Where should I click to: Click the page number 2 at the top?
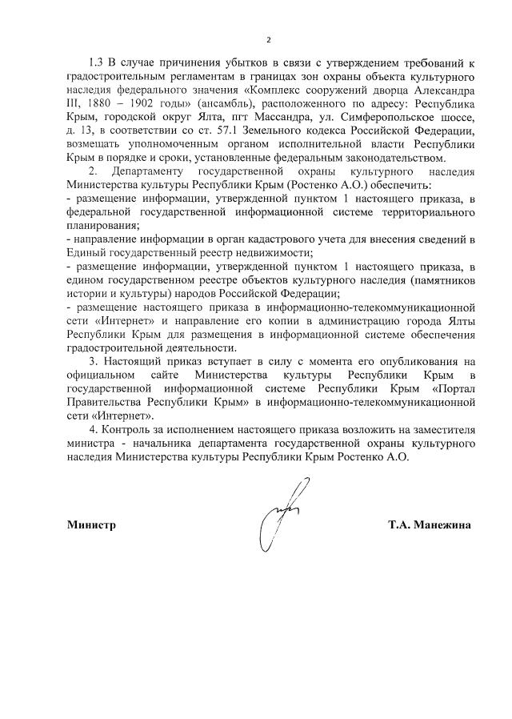(269, 40)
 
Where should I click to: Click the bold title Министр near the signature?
(92, 525)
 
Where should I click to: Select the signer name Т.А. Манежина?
(430, 525)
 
